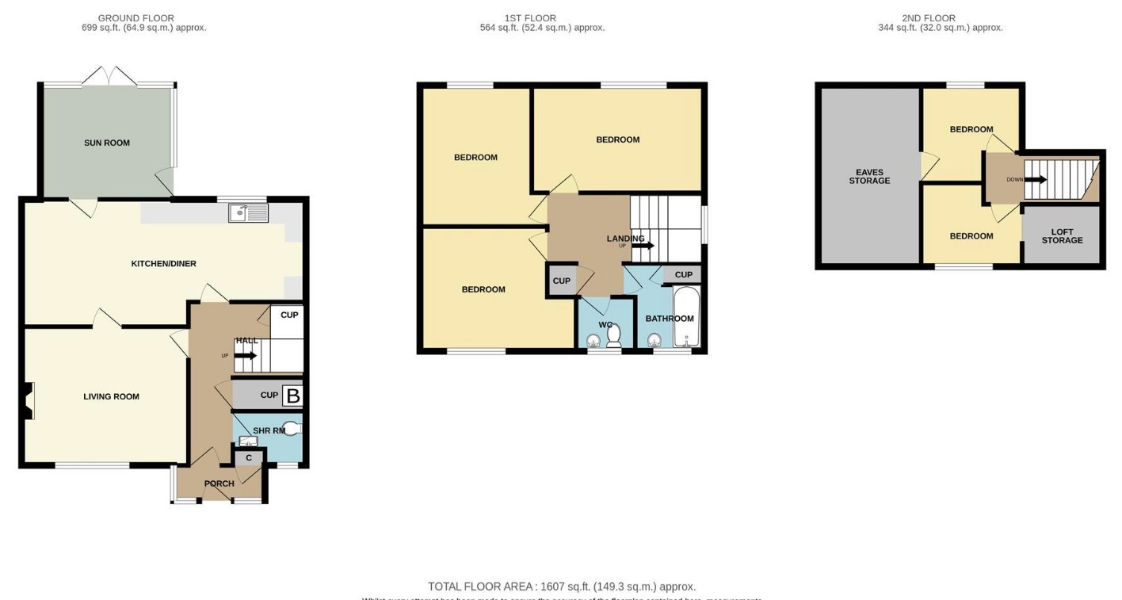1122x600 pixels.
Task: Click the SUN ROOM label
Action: pyautogui.click(x=107, y=143)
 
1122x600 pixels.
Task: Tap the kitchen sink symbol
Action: pyautogui.click(x=248, y=212)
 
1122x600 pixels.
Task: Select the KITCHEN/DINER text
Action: pyautogui.click(x=163, y=264)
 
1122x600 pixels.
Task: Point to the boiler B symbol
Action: pyautogui.click(x=292, y=396)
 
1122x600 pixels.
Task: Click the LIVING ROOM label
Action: pyautogui.click(x=111, y=397)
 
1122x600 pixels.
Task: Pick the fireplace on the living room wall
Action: pyautogui.click(x=29, y=400)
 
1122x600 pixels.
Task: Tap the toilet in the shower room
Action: pyautogui.click(x=292, y=429)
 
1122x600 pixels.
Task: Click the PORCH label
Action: pyautogui.click(x=219, y=483)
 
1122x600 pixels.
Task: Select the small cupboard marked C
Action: pyautogui.click(x=249, y=458)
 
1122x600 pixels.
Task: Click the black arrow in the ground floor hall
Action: pyautogui.click(x=246, y=355)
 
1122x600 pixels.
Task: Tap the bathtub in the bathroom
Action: pyautogui.click(x=686, y=318)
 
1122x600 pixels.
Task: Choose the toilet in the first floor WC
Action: pyautogui.click(x=613, y=337)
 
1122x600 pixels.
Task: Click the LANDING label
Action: pyautogui.click(x=625, y=239)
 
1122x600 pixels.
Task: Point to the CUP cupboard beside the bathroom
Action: pyautogui.click(x=683, y=275)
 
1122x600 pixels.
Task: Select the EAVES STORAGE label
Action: pyautogui.click(x=869, y=177)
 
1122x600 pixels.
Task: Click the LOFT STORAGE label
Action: pyautogui.click(x=1062, y=236)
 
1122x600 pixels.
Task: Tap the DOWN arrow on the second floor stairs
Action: pyautogui.click(x=1036, y=180)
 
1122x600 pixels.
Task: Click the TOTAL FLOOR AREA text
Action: pyautogui.click(x=562, y=587)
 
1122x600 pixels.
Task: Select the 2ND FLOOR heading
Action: pyautogui.click(x=929, y=18)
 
